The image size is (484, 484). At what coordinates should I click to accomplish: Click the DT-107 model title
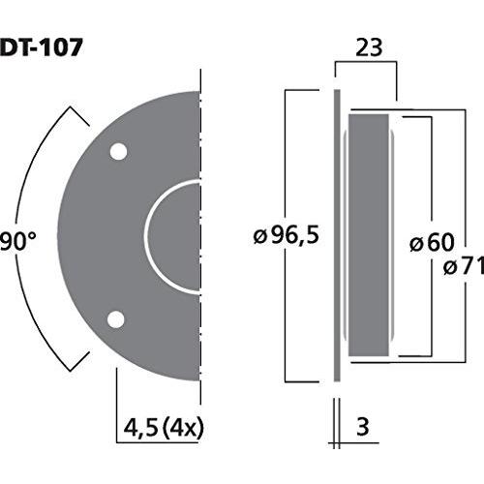pyautogui.click(x=42, y=47)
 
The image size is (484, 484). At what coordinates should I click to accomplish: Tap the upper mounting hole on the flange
pyautogui.click(x=118, y=151)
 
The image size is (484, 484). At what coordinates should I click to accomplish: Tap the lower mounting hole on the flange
pyautogui.click(x=116, y=319)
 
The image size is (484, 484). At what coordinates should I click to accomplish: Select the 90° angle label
pyautogui.click(x=18, y=241)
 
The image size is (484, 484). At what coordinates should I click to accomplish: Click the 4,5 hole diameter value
pyautogui.click(x=140, y=429)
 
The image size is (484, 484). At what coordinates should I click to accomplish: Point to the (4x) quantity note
pyautogui.click(x=183, y=429)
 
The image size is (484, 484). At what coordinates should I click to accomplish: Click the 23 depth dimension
pyautogui.click(x=369, y=47)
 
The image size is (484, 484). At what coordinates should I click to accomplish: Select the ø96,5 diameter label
pyautogui.click(x=287, y=235)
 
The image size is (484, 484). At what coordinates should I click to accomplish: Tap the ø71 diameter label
pyautogui.click(x=464, y=267)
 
